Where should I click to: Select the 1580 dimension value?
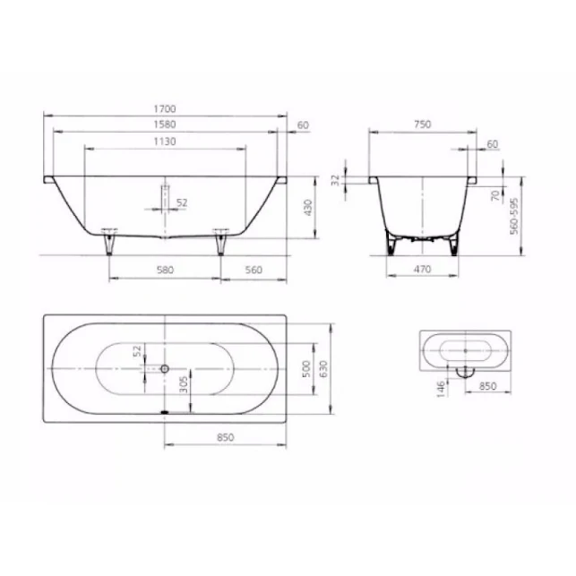[x=167, y=125]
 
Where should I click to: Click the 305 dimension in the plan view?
[x=183, y=386]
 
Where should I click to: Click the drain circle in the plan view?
[x=164, y=368]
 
